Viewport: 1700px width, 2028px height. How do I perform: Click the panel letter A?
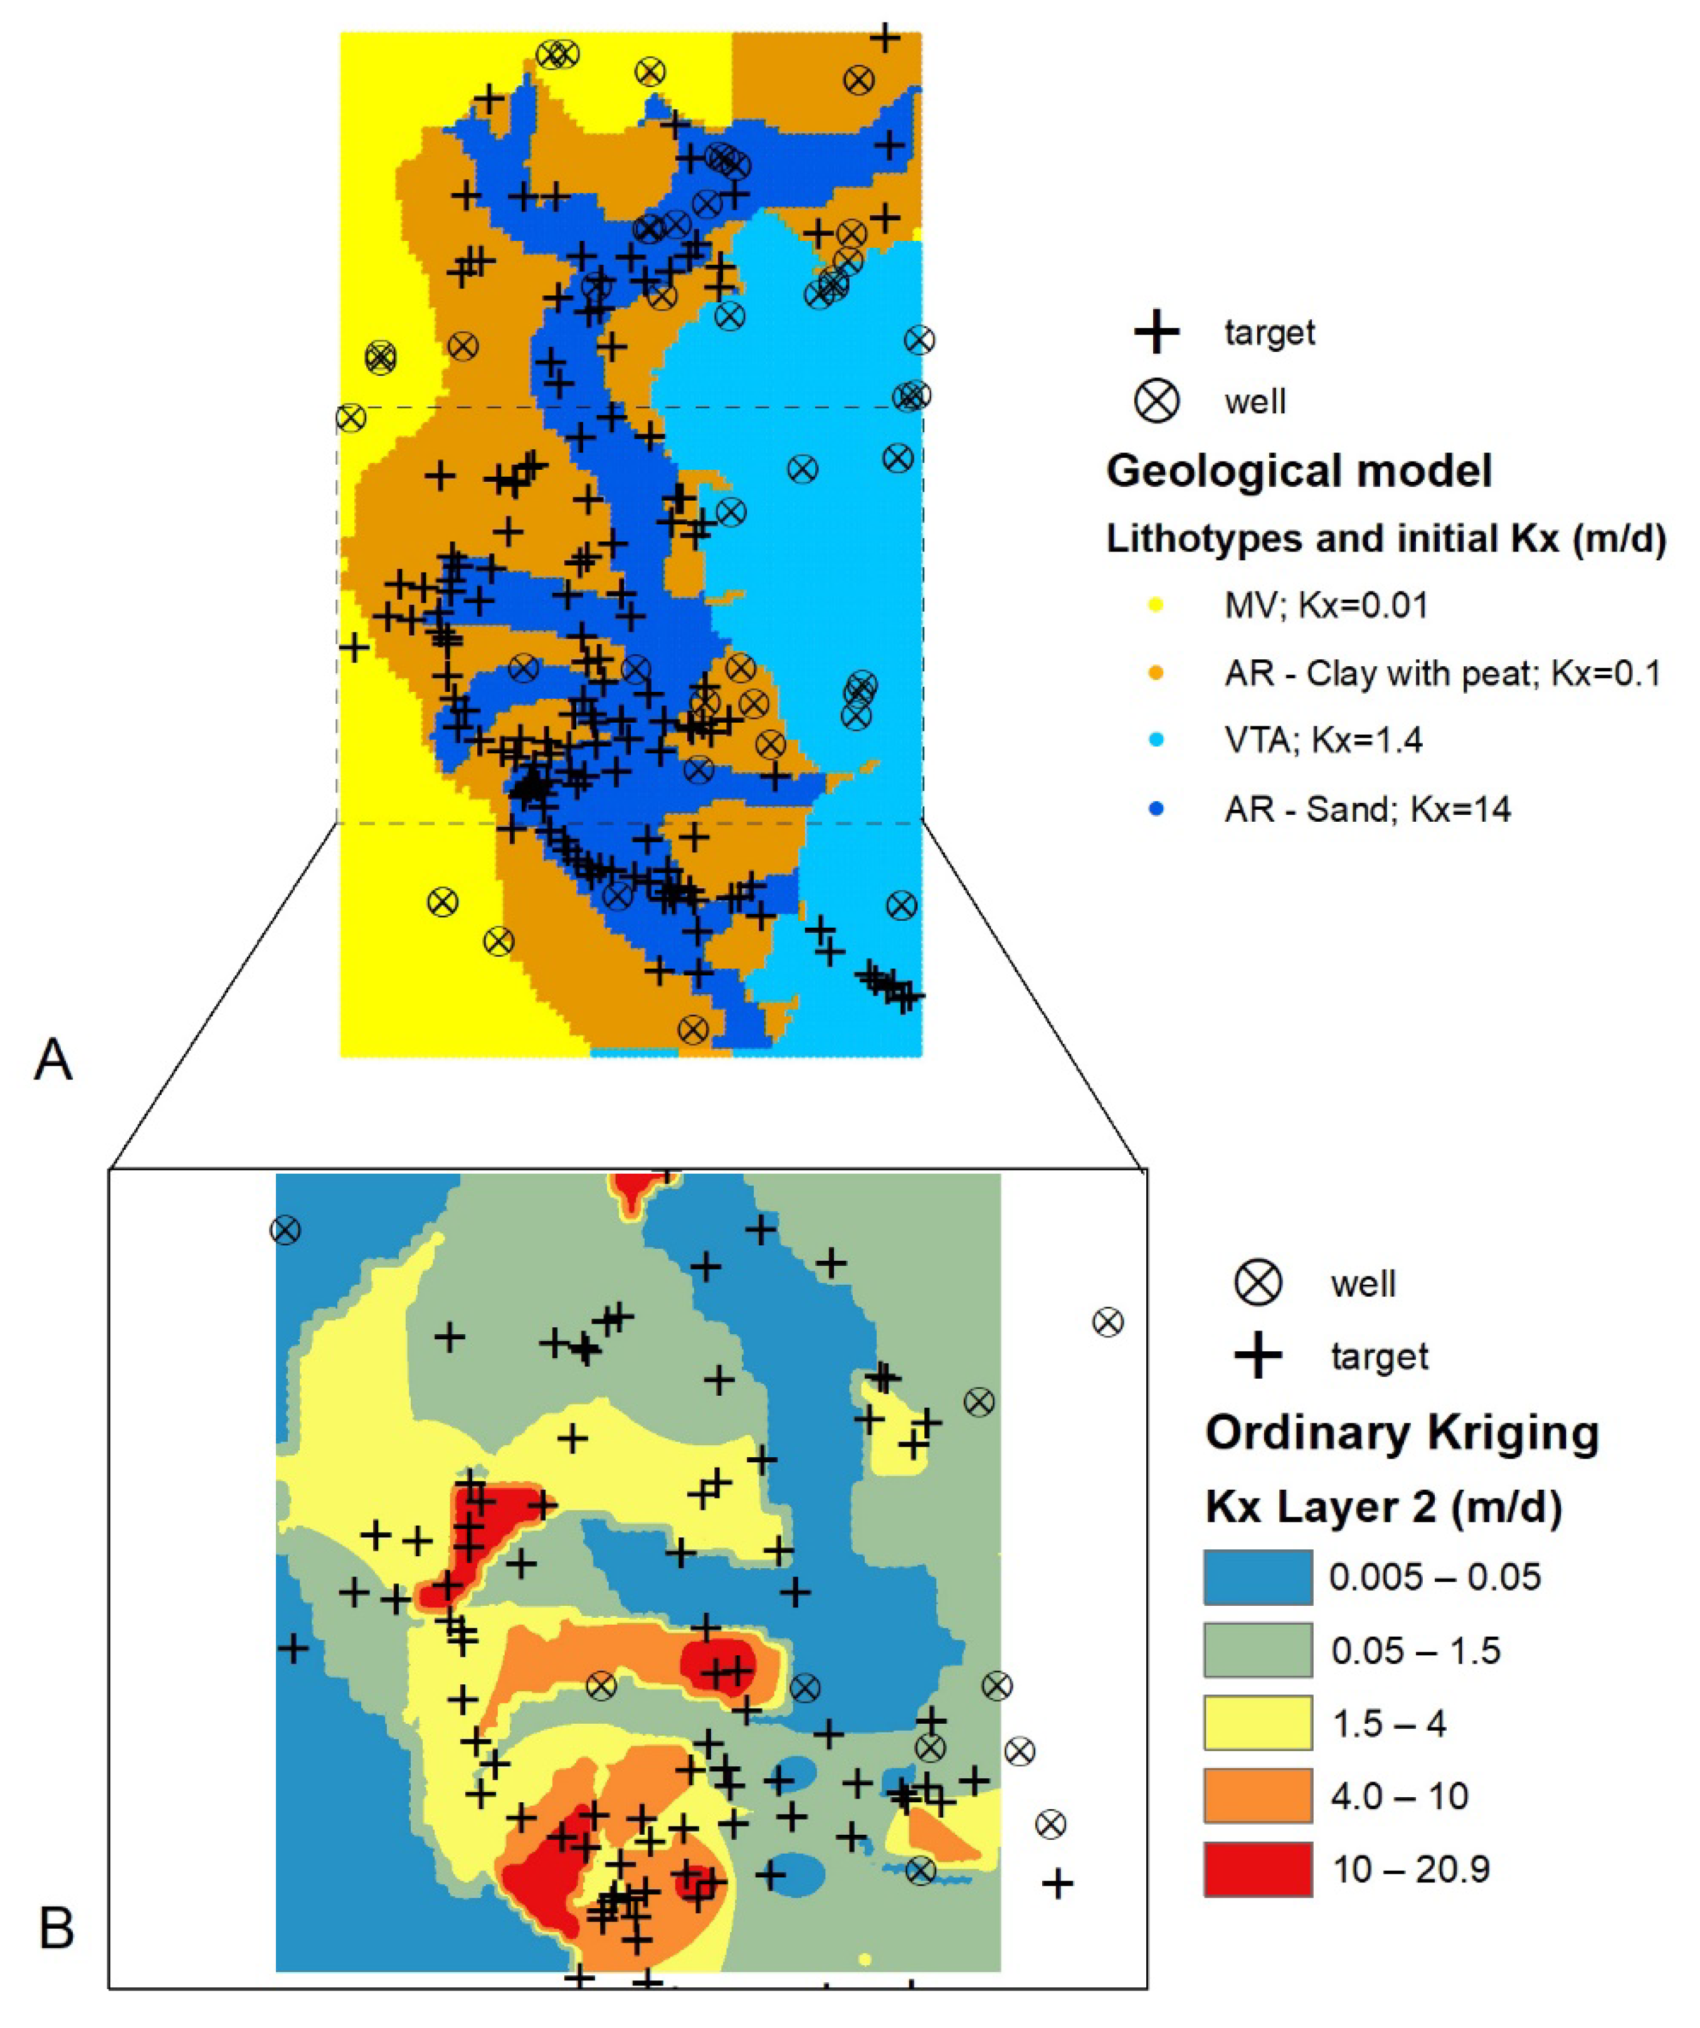(53, 1059)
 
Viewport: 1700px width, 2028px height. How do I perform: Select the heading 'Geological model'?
(1299, 471)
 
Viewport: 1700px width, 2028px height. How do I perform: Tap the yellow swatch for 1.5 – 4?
(1257, 1723)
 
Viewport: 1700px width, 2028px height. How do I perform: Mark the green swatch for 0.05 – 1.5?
(1257, 1650)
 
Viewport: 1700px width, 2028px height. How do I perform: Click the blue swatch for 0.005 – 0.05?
(1257, 1577)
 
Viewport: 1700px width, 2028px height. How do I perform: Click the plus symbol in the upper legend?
(1156, 332)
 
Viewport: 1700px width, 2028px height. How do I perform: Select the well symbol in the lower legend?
(1258, 1283)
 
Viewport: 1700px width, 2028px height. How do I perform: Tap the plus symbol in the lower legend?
(1258, 1356)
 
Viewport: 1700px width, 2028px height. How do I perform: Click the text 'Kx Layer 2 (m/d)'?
(1383, 1507)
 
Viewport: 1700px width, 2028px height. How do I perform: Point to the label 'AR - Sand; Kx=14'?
(1367, 809)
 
